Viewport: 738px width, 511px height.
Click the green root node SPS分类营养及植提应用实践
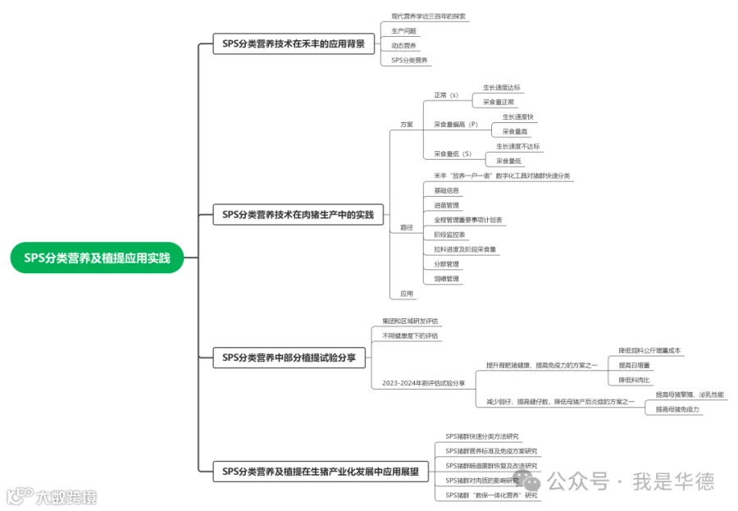coord(97,258)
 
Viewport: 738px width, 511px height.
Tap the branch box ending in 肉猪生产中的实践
coord(298,215)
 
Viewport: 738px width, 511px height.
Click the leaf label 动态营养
coord(403,45)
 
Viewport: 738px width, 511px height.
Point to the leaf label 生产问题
coord(403,30)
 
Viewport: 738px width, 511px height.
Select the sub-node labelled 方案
coord(407,125)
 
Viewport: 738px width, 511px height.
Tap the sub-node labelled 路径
coord(407,227)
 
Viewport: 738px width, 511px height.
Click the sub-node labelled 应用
coord(407,293)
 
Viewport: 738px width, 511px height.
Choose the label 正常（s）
coord(446,95)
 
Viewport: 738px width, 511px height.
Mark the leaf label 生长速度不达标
coord(517,147)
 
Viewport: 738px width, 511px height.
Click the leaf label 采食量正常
coord(499,103)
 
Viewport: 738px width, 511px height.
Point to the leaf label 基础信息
coord(446,190)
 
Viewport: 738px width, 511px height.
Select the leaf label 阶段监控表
coord(449,235)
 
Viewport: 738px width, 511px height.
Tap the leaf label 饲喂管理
coord(446,279)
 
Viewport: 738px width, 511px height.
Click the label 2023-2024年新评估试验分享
coord(423,383)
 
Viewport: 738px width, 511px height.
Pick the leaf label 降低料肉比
coord(635,380)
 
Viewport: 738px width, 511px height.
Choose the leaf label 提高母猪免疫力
coord(677,408)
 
